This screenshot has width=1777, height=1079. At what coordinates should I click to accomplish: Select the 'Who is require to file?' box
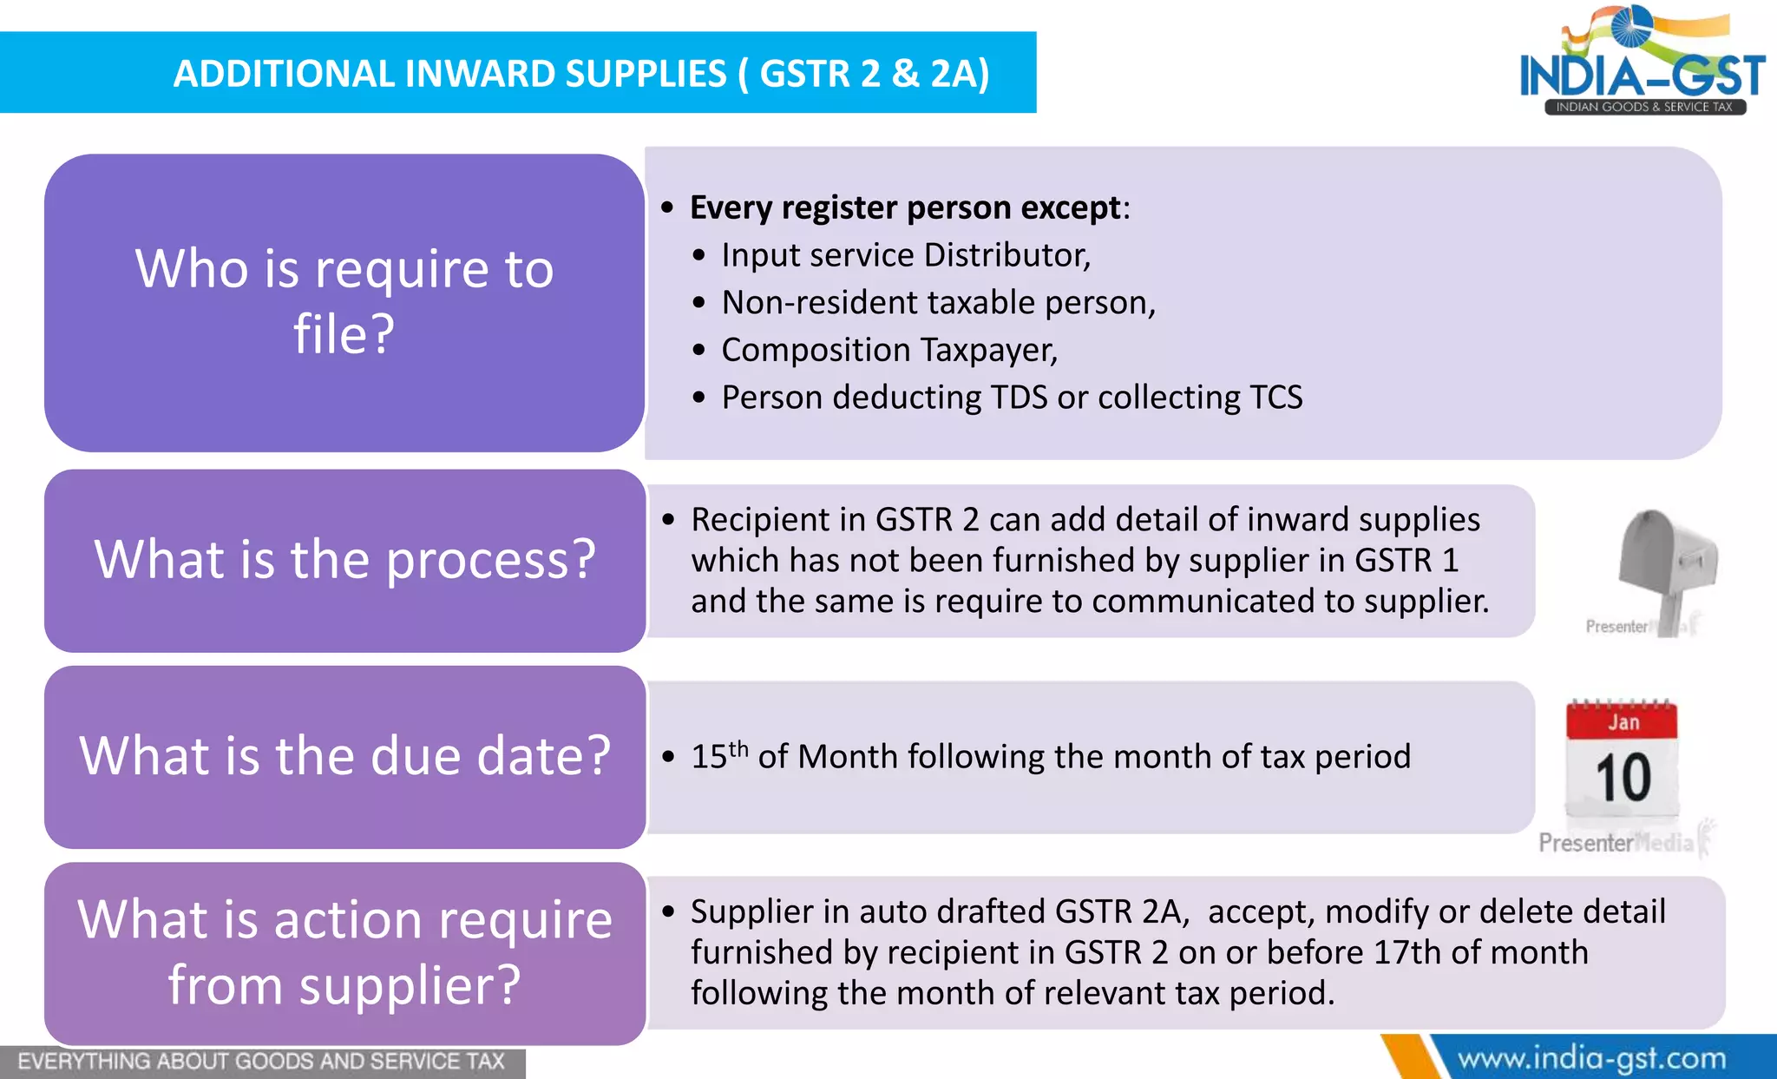(344, 302)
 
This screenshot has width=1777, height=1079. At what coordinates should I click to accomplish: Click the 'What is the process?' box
(344, 560)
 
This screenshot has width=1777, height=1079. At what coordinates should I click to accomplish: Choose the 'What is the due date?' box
(344, 756)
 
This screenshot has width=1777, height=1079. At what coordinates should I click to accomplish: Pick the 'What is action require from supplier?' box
(344, 952)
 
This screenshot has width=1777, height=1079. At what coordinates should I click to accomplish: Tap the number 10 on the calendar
(1623, 778)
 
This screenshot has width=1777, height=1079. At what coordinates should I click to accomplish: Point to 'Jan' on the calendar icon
(1623, 722)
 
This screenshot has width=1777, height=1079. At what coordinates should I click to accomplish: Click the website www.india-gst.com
(1591, 1059)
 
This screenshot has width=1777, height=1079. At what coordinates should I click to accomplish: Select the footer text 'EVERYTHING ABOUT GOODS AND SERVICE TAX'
(260, 1062)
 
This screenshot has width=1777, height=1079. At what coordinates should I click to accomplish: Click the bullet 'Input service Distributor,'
(906, 255)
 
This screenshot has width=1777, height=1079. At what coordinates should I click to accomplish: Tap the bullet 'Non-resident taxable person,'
(938, 303)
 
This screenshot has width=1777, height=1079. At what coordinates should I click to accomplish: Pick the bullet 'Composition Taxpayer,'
(889, 350)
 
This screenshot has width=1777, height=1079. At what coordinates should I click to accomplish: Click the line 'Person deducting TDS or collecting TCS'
(1012, 398)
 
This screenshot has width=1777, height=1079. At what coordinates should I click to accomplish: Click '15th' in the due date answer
(718, 755)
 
